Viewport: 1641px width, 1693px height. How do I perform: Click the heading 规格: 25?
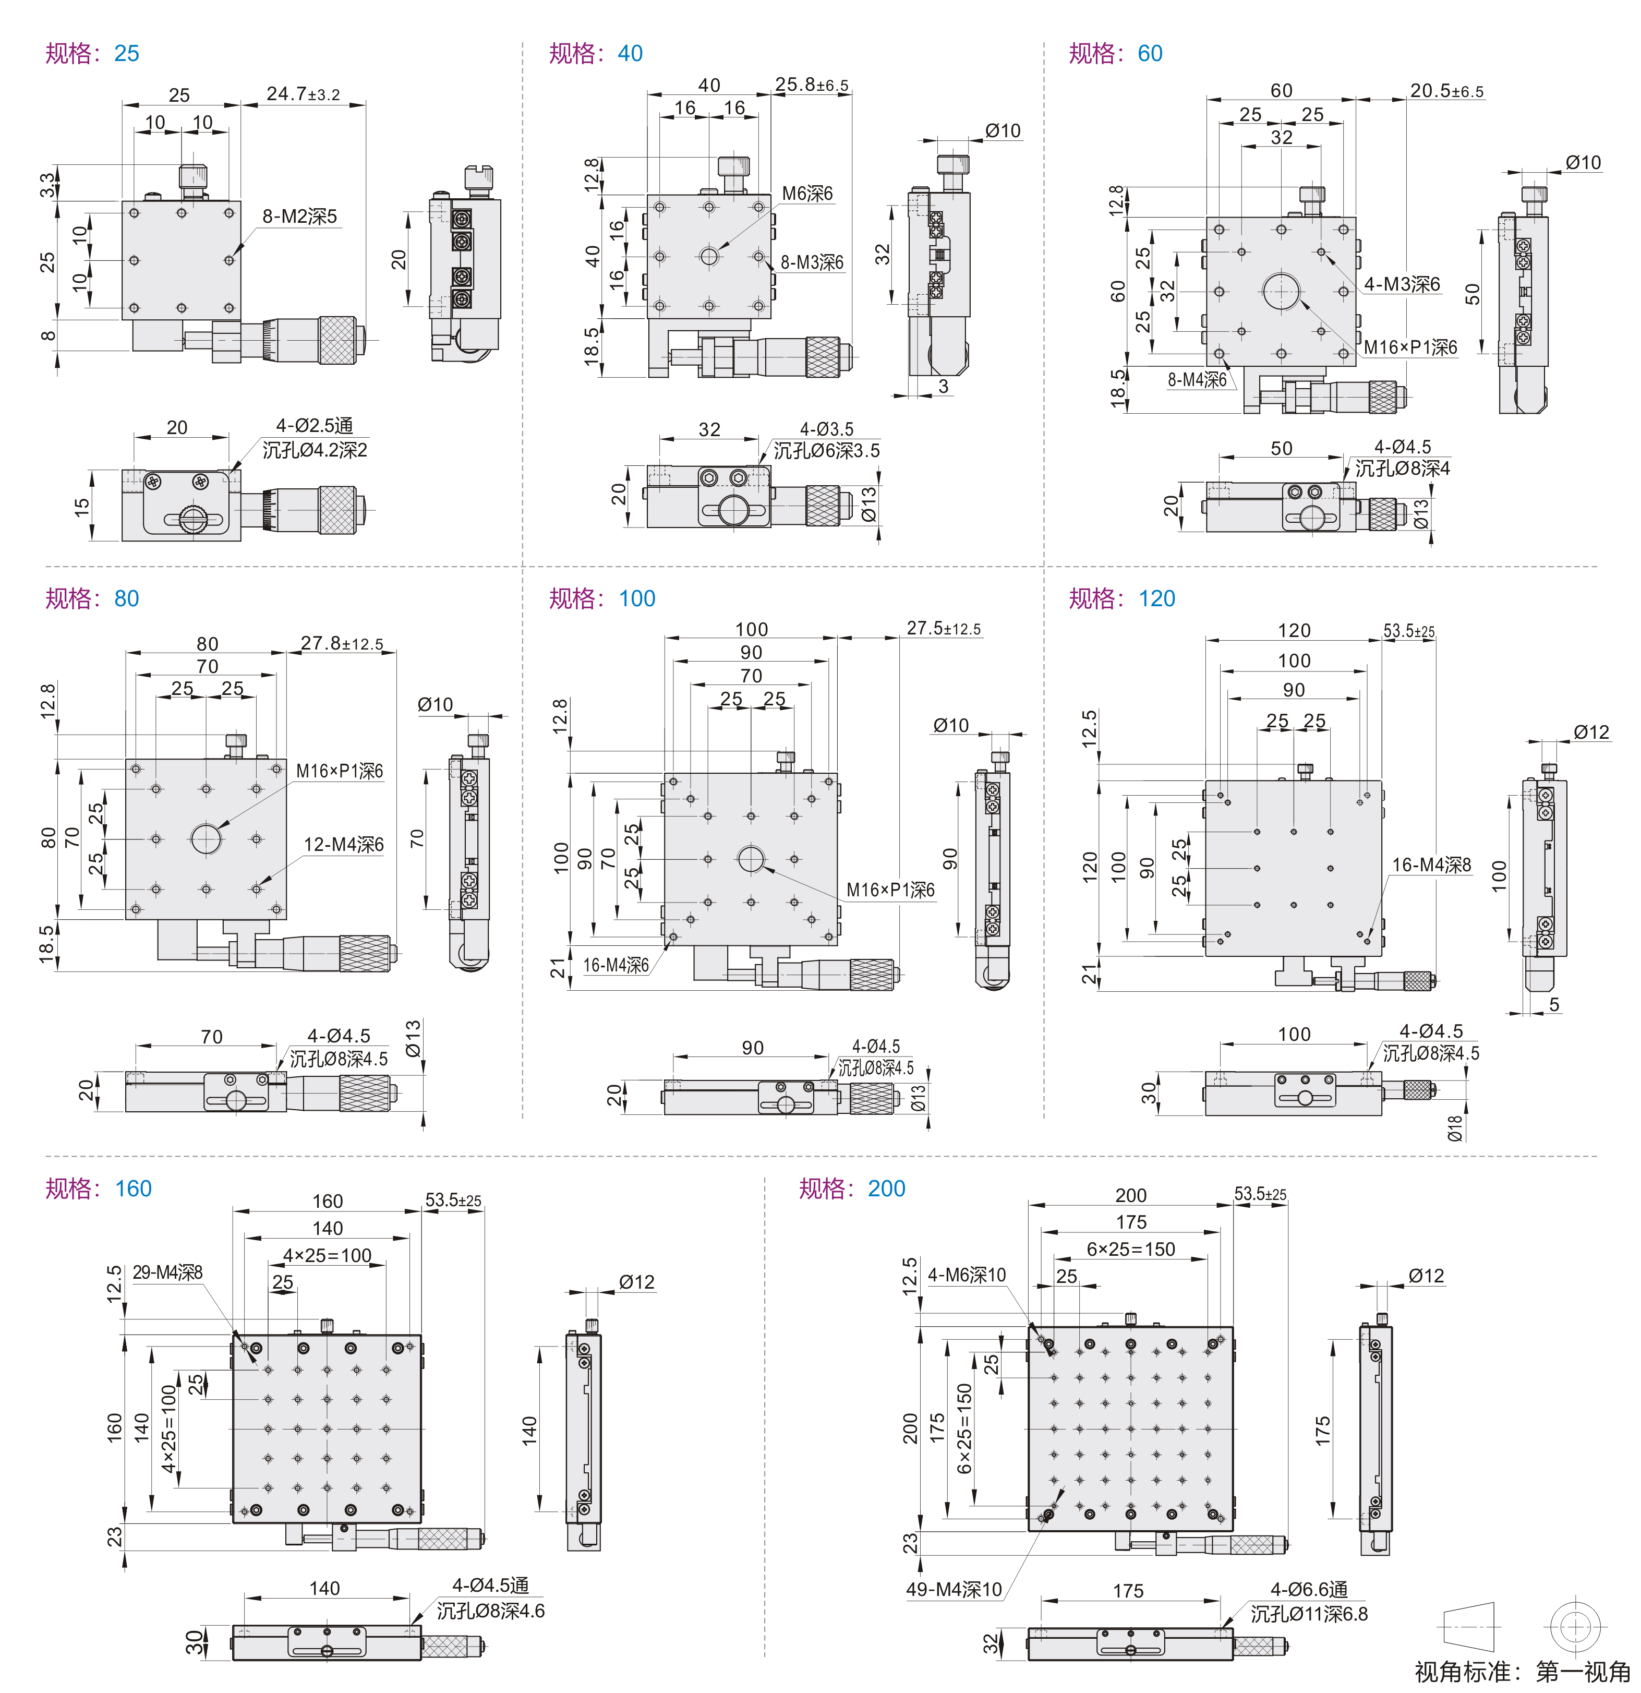point(92,54)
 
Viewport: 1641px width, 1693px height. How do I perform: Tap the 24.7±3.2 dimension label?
point(303,94)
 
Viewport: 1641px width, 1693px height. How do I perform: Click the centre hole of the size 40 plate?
point(709,257)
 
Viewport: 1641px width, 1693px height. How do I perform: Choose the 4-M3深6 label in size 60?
point(1402,284)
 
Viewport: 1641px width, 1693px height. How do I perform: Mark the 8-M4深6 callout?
point(1197,380)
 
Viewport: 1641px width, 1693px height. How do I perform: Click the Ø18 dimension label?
point(1455,1128)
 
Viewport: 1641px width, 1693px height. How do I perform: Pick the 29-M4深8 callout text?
point(167,1272)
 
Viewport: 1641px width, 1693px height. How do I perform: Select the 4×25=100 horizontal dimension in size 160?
point(328,1255)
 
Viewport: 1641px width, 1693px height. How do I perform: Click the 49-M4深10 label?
point(954,1589)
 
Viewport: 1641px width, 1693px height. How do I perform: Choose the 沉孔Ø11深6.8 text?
point(1309,1614)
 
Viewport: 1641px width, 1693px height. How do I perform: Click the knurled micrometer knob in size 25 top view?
point(337,340)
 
